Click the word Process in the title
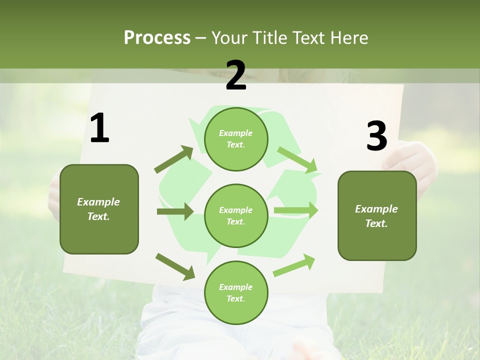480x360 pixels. [157, 37]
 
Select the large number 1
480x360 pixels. [99, 128]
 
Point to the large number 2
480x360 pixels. [236, 75]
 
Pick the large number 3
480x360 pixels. [376, 136]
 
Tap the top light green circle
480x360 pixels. [236, 138]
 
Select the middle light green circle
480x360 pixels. [236, 215]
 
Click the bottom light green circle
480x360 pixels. [236, 292]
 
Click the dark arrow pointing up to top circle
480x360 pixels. [173, 159]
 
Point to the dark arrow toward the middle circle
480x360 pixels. [175, 211]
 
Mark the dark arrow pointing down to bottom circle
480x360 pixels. [175, 266]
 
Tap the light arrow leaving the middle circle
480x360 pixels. [295, 210]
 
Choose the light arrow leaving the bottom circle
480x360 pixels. [294, 265]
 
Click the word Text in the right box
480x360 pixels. [376, 223]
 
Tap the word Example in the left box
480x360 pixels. [98, 202]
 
